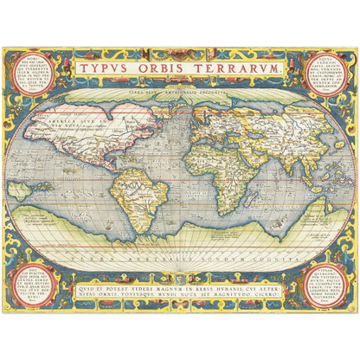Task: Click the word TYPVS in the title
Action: tap(108, 68)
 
